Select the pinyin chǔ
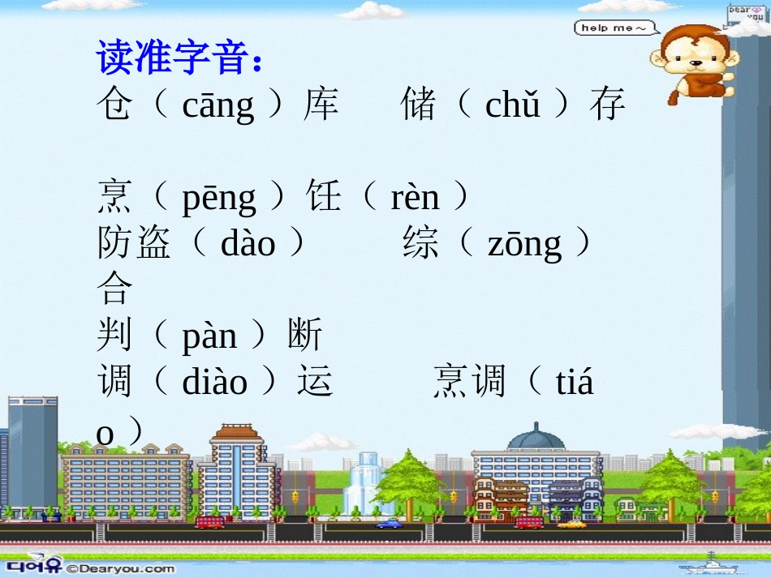513,106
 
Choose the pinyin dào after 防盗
248,244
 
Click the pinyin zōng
524,244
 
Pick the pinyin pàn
209,336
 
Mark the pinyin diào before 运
214,382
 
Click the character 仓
114,105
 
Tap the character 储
419,105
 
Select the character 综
420,244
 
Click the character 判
114,335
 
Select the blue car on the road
388,524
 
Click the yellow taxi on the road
571,524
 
